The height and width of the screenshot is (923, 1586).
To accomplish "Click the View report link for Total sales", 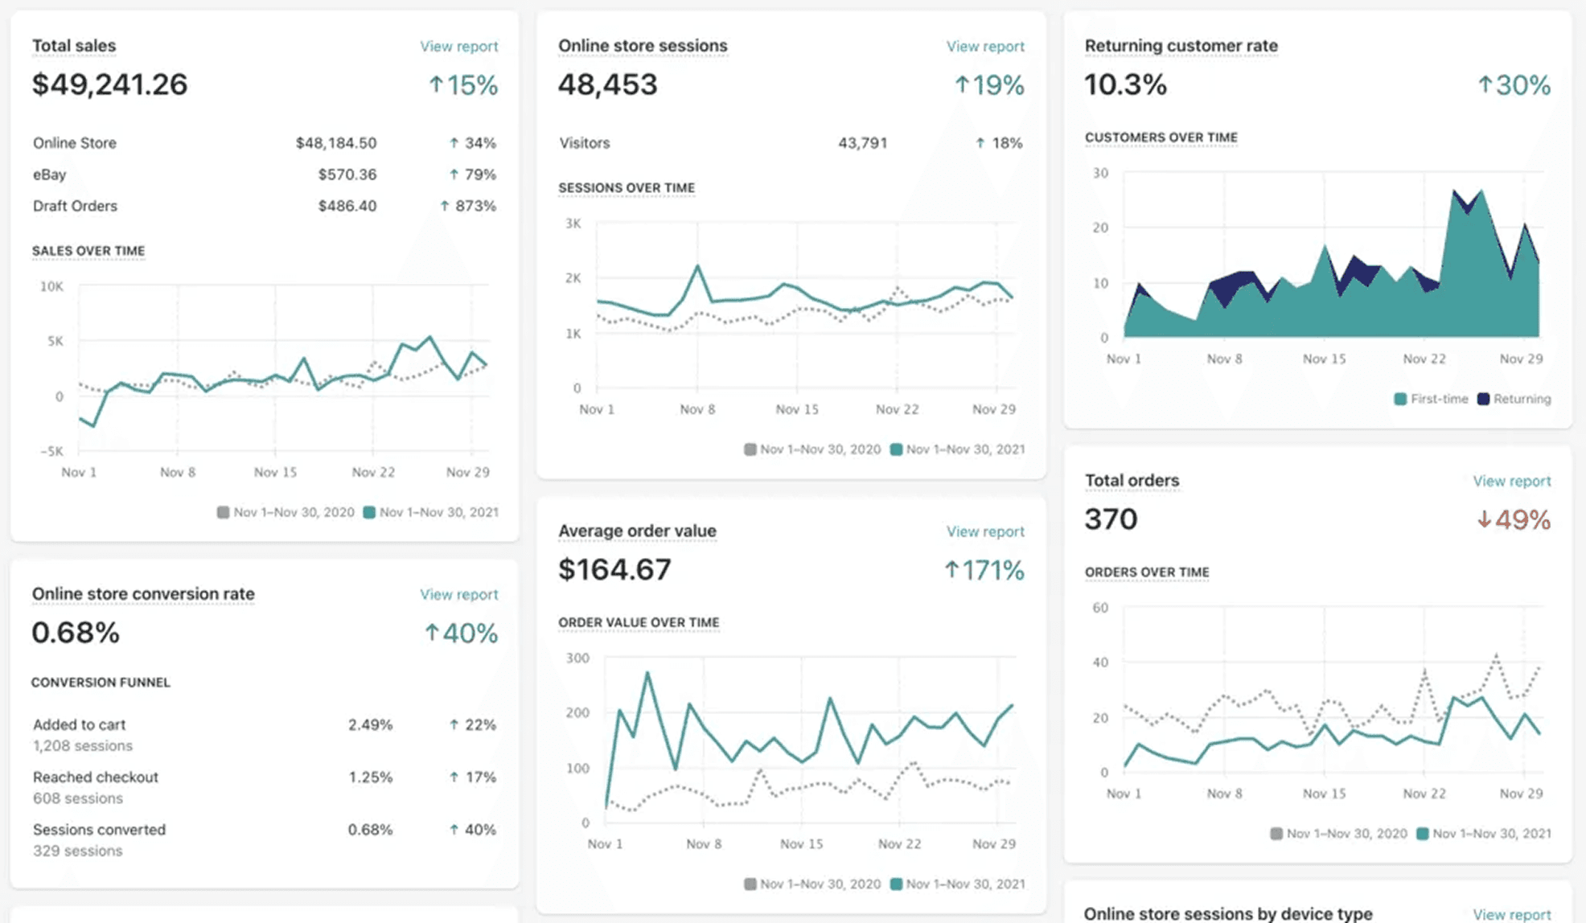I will click(458, 47).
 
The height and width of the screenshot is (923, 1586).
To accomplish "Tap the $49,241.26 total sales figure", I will click(109, 84).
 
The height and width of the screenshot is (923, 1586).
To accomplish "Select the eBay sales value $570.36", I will click(347, 174).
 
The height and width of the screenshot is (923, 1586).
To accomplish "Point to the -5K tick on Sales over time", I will click(51, 451).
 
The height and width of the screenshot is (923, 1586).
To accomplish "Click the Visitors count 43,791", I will click(862, 143).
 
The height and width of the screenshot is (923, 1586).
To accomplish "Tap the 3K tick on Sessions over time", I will click(573, 224).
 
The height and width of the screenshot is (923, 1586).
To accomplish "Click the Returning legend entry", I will click(1514, 399).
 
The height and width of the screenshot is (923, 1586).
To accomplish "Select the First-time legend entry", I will click(1431, 399).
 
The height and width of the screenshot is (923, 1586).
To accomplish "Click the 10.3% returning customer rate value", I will click(1124, 84).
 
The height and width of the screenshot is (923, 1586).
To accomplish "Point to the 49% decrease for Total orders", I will click(1514, 519).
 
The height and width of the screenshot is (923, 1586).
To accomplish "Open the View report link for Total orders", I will click(1511, 481).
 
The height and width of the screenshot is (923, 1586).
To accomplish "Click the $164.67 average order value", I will click(614, 570).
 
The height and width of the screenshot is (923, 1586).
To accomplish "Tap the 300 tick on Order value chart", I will click(577, 658).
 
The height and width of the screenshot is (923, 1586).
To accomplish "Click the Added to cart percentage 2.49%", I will click(370, 724).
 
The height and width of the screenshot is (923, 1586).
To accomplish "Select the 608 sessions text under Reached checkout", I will click(77, 798).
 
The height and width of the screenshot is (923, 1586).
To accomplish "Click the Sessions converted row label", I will click(99, 830).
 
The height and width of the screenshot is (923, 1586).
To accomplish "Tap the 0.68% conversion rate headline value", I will click(76, 633).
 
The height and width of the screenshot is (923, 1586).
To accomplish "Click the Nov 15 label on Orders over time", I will click(1324, 794).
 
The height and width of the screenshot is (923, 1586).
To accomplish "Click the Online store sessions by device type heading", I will click(1227, 913).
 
